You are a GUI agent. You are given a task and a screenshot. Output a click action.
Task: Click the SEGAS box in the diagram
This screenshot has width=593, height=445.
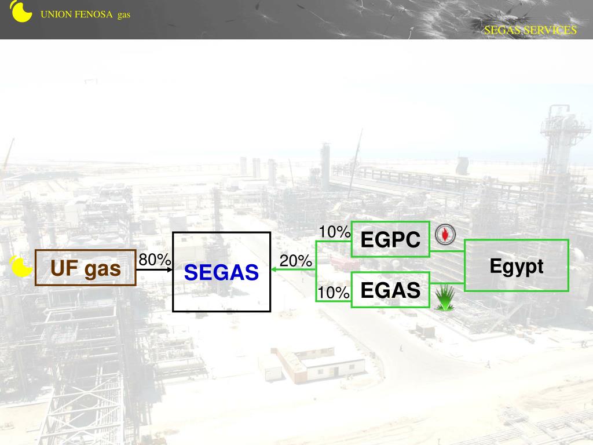click(x=221, y=272)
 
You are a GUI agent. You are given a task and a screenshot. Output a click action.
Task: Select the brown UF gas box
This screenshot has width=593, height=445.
click(x=86, y=268)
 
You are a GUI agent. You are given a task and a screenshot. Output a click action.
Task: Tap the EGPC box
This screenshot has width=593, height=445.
click(x=390, y=239)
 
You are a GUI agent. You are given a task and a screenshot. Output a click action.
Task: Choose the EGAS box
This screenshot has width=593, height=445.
click(x=390, y=290)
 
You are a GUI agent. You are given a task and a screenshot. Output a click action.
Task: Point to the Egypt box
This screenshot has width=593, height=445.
click(x=517, y=266)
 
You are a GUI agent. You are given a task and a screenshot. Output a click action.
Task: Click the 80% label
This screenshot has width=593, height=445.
click(x=155, y=260)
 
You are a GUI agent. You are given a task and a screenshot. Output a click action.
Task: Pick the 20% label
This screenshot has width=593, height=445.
click(x=296, y=261)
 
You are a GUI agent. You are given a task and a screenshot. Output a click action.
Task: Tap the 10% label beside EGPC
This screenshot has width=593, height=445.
click(x=334, y=232)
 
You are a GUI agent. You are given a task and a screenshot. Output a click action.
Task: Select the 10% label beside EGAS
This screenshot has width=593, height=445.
click(x=334, y=293)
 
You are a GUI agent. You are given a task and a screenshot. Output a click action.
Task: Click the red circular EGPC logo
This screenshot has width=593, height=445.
click(x=445, y=235)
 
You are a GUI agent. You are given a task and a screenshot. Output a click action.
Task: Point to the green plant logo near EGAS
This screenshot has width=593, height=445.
click(x=445, y=298)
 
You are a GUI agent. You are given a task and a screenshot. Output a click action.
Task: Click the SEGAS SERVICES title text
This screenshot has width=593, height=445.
click(x=530, y=30)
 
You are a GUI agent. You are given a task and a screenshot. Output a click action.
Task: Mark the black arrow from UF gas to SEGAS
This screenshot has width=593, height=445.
click(x=155, y=269)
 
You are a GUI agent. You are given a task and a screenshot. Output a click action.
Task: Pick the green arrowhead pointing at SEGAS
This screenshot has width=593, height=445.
click(x=276, y=270)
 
